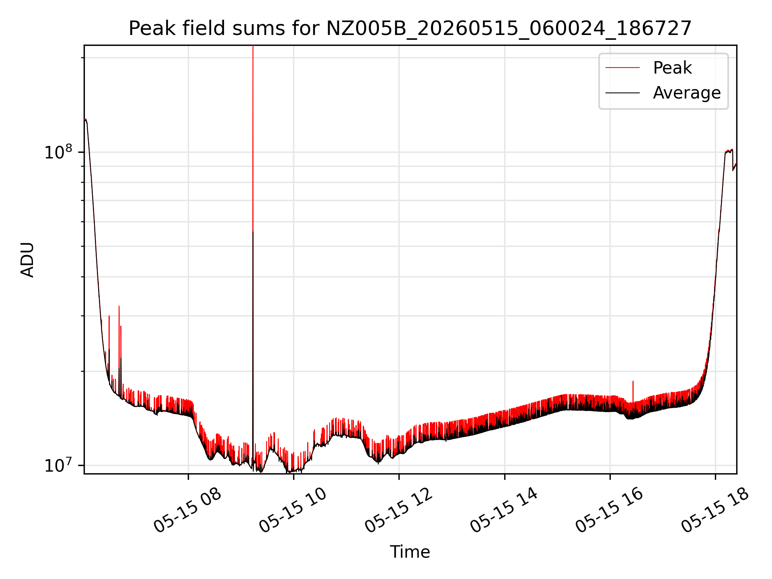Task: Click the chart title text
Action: click(410, 29)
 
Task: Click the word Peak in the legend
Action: click(672, 68)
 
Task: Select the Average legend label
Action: click(687, 93)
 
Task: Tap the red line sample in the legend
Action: click(622, 68)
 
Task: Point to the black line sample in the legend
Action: click(622, 93)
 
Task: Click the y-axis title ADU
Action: click(27, 260)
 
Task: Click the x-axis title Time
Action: click(410, 552)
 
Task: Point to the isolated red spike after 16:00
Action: click(633, 391)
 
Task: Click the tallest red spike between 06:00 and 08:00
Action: click(119, 338)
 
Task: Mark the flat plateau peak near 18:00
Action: click(729, 151)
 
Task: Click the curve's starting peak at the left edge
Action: click(86, 119)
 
